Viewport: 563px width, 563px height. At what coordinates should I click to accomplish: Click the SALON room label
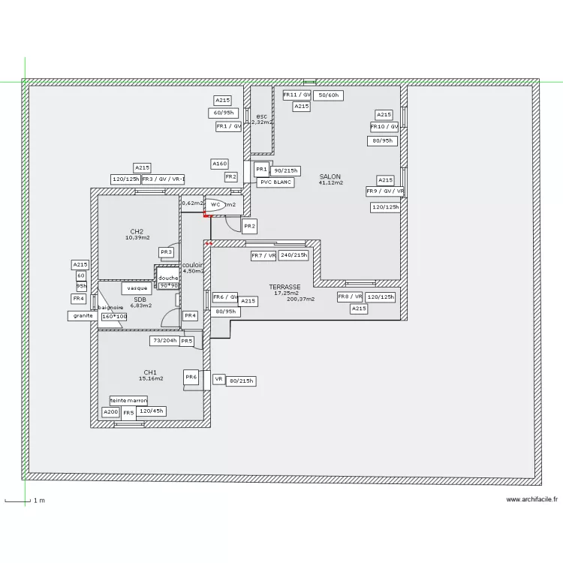point(330,177)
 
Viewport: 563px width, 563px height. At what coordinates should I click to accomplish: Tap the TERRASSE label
point(285,287)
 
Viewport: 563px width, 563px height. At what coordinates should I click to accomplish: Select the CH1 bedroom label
point(150,372)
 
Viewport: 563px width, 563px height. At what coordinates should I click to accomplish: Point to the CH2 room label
point(137,231)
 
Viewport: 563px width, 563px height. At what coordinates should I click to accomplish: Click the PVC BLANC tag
point(275,182)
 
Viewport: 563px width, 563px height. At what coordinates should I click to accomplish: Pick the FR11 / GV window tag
point(297,95)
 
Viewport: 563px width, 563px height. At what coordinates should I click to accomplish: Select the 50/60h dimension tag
point(328,95)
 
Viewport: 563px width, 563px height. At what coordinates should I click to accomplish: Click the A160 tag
point(219,164)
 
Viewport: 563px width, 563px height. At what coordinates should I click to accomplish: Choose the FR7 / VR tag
point(263,256)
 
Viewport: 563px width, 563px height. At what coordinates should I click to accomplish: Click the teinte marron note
point(129,401)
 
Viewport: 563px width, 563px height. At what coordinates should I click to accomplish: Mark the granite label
point(82,316)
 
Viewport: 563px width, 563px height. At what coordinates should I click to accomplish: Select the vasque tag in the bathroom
point(137,288)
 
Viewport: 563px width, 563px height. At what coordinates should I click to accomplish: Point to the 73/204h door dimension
point(164,341)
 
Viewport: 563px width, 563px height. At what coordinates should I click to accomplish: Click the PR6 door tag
point(191,378)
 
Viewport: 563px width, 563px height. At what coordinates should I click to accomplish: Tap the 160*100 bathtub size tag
point(114,317)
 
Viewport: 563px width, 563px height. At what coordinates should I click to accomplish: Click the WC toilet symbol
point(215,204)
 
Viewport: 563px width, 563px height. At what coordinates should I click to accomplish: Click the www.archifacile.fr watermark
point(531,499)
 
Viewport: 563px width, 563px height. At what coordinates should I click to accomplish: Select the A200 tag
point(110,412)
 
